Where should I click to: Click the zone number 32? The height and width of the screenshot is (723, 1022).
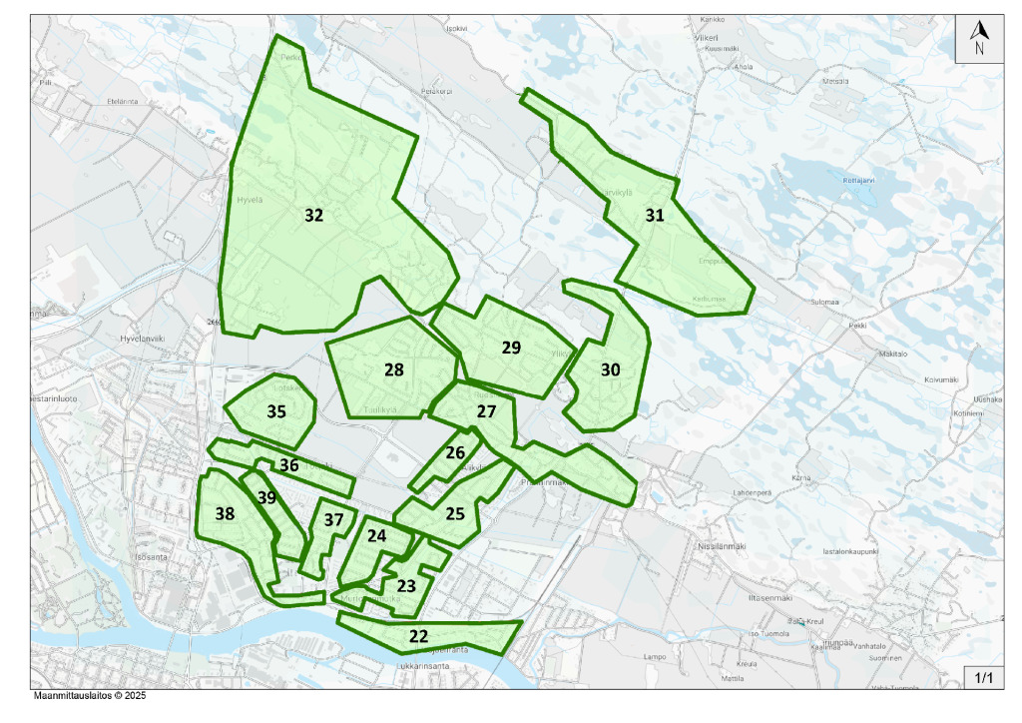click(x=314, y=215)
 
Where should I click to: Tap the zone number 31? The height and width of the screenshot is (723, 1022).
click(x=655, y=215)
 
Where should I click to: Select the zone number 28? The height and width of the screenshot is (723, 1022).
click(x=394, y=369)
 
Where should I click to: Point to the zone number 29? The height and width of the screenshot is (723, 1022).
click(x=511, y=348)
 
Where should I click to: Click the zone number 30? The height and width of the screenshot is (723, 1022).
click(x=611, y=369)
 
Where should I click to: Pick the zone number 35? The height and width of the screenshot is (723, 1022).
click(x=276, y=410)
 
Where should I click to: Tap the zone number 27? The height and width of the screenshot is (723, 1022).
click(x=486, y=411)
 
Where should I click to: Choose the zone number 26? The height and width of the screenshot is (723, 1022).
click(x=455, y=452)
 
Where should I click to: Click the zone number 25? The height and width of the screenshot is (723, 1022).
click(x=455, y=514)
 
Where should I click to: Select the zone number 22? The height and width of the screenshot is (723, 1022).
click(x=419, y=636)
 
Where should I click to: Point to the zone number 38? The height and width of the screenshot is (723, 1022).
click(x=225, y=514)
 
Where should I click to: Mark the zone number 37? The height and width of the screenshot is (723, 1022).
click(x=333, y=519)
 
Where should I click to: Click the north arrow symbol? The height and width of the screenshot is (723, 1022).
click(x=980, y=39)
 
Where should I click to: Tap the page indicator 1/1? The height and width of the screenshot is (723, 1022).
click(x=983, y=678)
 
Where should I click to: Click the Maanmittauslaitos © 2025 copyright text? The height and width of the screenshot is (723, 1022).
click(x=90, y=696)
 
